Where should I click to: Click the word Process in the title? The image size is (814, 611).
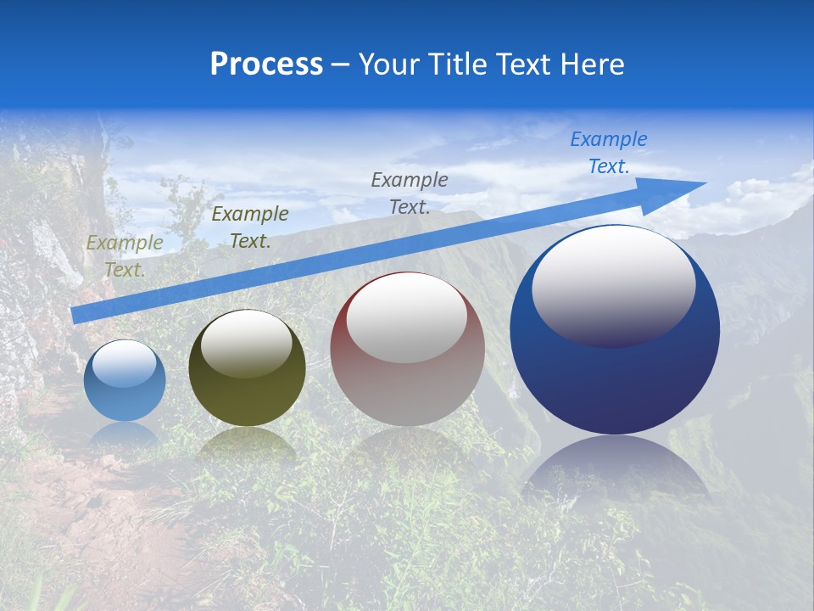(x=266, y=64)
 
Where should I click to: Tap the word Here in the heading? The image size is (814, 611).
(x=593, y=64)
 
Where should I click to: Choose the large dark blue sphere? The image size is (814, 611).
(x=615, y=382)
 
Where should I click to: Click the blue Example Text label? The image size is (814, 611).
(x=608, y=153)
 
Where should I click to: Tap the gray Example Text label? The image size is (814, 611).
(x=410, y=193)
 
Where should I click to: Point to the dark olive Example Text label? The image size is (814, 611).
(x=250, y=227)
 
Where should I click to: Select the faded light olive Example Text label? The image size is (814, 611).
(x=125, y=255)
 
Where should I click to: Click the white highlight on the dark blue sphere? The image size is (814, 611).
(x=613, y=285)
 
